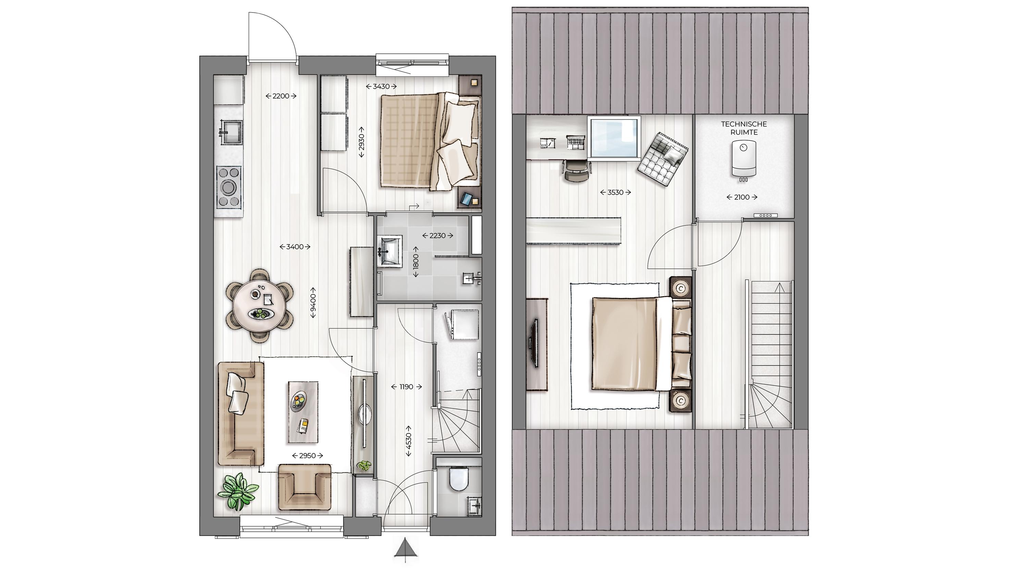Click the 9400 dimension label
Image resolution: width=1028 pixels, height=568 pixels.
(313, 303)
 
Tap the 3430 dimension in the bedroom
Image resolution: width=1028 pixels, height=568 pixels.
(381, 86)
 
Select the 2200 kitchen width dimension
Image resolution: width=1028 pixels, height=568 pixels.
(281, 96)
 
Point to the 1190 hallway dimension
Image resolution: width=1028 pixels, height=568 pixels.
(406, 386)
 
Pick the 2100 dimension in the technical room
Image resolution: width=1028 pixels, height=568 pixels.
(742, 197)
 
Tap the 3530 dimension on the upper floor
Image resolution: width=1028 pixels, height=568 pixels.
(615, 192)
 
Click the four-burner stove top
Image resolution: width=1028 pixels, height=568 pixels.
(229, 186)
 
